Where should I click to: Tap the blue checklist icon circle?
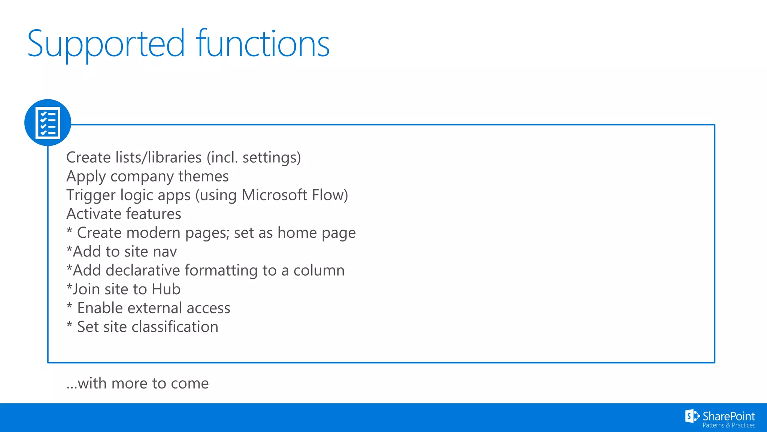click(48, 123)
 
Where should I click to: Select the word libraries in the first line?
click(175, 157)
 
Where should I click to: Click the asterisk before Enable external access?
click(69, 306)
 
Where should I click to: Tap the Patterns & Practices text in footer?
click(728, 426)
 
